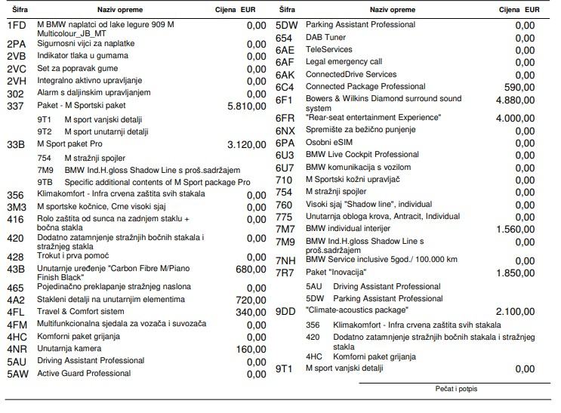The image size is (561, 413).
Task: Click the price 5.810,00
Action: coord(246,106)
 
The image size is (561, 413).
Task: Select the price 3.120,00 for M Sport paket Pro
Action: coord(246,143)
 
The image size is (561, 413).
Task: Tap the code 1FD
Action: coord(17,26)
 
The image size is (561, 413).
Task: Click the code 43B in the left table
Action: coord(16,269)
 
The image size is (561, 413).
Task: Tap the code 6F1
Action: coord(284,100)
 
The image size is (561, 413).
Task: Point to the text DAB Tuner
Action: coord(326,38)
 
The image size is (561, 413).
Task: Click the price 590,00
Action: coord(519,87)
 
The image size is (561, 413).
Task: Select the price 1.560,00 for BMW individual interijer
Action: coord(515,229)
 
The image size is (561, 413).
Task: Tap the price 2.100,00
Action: coord(515,312)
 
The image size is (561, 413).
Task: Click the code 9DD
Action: coord(285,311)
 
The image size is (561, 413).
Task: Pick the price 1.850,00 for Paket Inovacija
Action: coord(515,273)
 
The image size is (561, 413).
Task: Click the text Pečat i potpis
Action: coord(456,389)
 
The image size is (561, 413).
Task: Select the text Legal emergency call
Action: coord(344,62)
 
